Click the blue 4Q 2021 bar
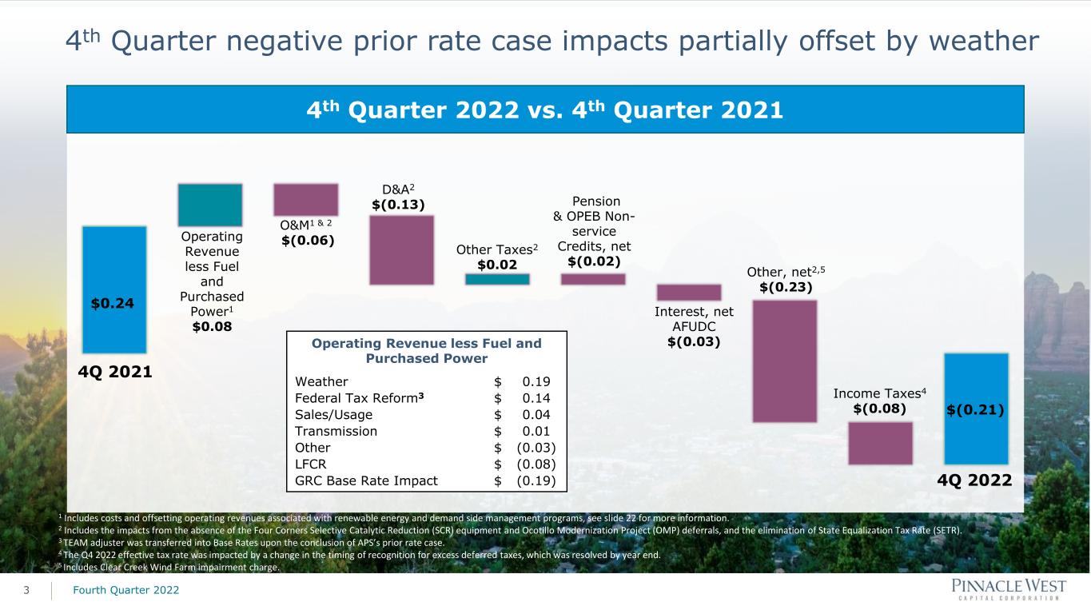(114, 289)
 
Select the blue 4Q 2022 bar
(976, 409)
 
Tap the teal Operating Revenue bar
(210, 205)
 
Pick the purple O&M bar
(306, 199)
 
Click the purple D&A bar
(401, 250)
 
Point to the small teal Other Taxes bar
(497, 279)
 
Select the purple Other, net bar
(785, 361)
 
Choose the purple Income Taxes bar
(881, 443)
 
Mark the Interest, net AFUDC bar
(689, 293)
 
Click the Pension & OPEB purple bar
(593, 279)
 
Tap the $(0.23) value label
(786, 287)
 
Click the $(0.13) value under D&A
(398, 205)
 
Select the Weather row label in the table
(321, 381)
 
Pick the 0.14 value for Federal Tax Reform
(536, 398)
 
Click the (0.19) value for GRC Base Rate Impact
(536, 481)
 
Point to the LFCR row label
(311, 464)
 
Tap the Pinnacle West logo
(1009, 589)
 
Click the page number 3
(26, 591)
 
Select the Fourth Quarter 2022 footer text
(125, 590)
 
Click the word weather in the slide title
(984, 41)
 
